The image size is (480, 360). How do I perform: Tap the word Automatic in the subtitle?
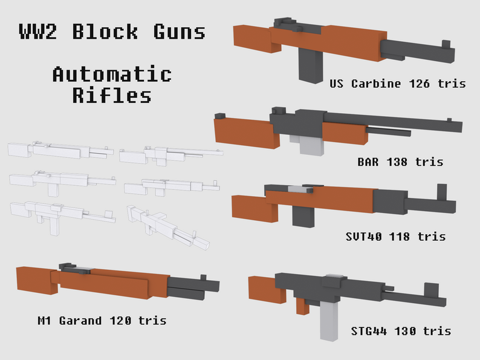[x=112, y=74]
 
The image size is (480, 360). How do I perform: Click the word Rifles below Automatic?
[x=112, y=95]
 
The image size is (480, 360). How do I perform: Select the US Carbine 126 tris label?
[x=398, y=83]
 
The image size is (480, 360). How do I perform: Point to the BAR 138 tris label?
[x=400, y=162]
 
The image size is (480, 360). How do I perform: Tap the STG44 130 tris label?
[x=401, y=331]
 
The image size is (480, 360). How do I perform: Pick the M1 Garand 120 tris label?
[x=102, y=320]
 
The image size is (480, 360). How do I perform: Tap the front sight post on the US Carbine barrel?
[x=446, y=44]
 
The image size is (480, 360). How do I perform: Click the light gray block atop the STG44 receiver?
[x=334, y=280]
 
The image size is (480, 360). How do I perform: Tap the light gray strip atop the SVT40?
[x=300, y=189]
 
